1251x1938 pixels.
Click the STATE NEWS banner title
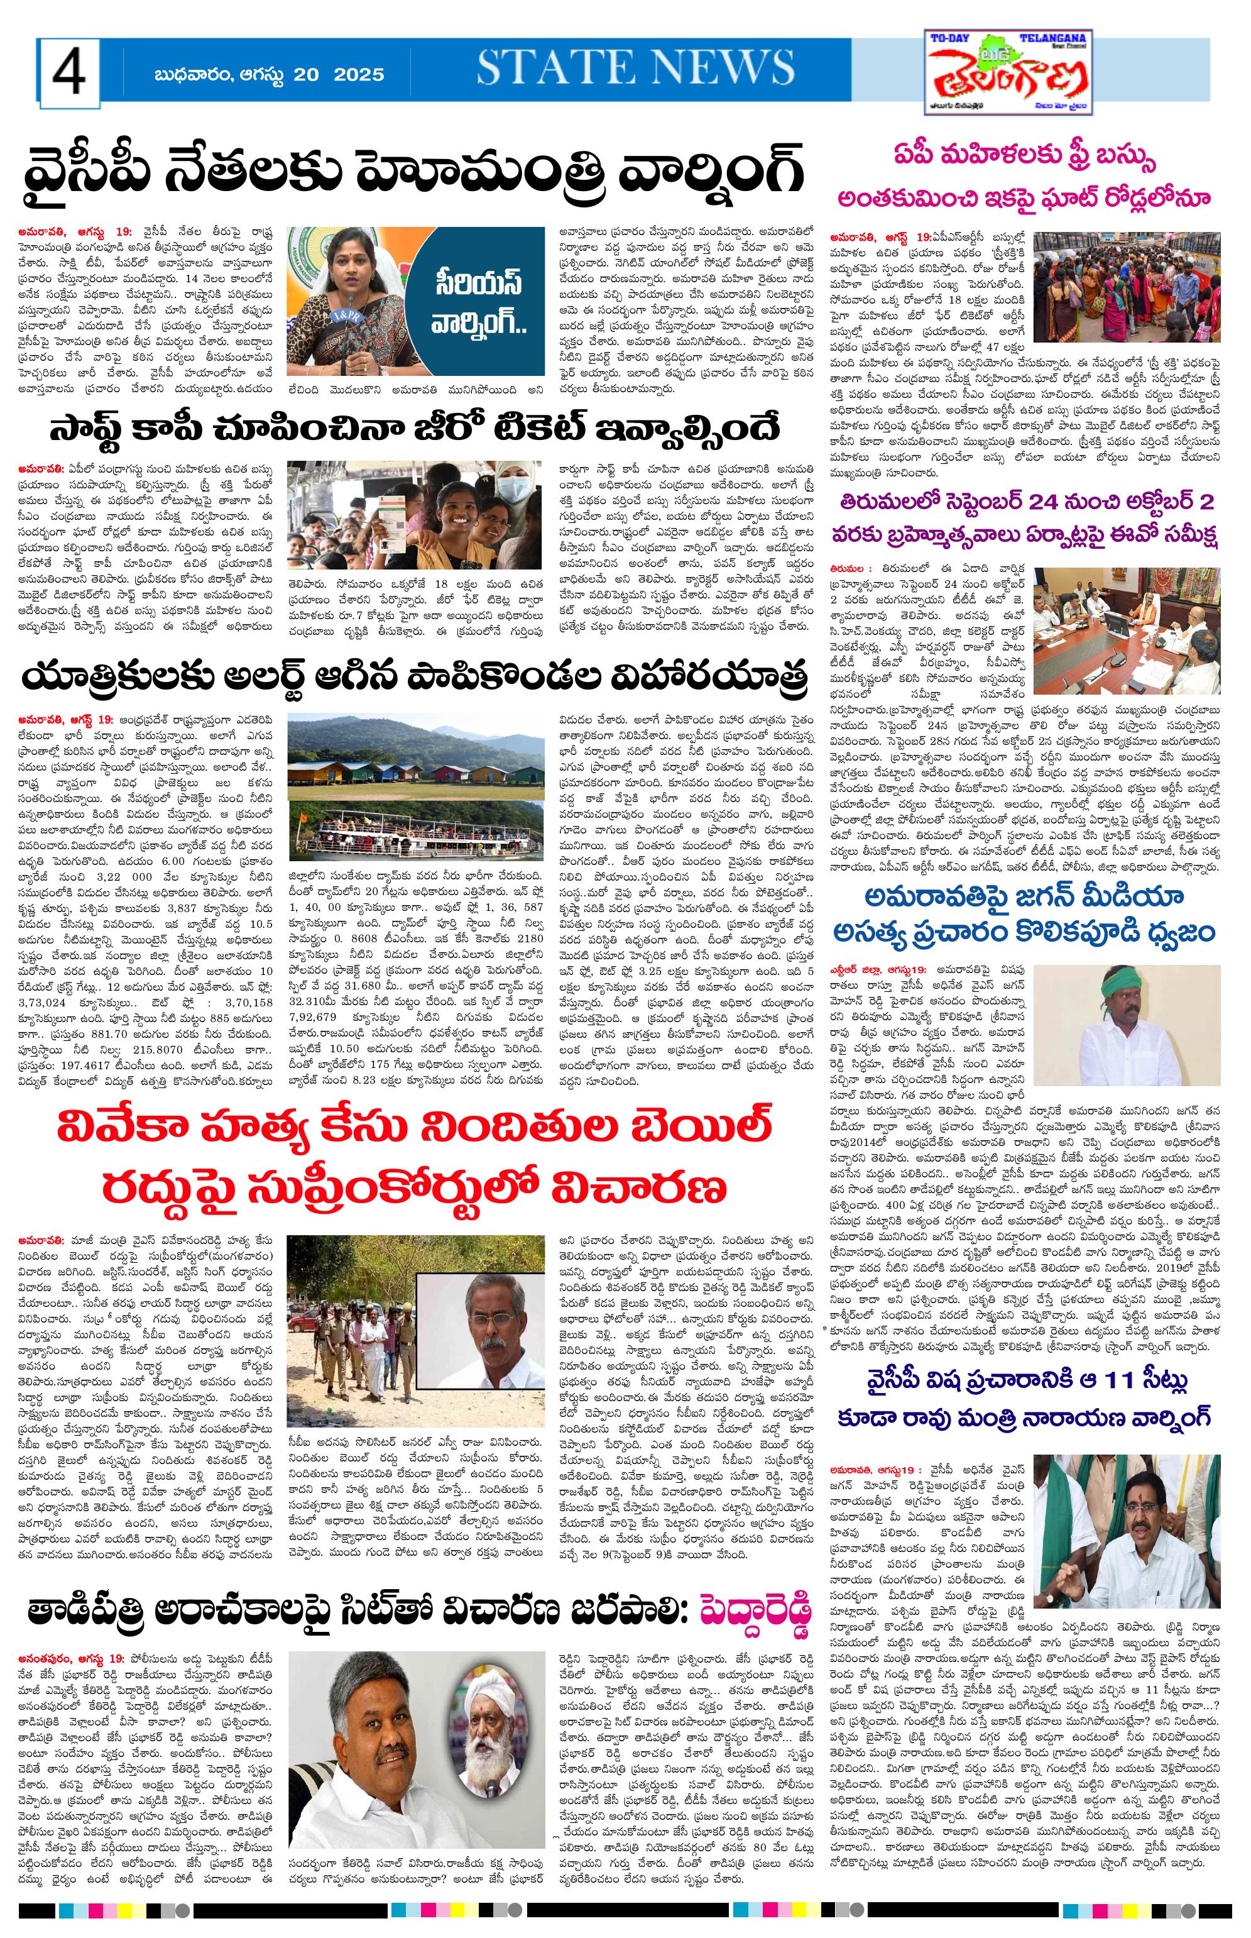(x=635, y=67)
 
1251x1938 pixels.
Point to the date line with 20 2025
(x=268, y=75)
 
